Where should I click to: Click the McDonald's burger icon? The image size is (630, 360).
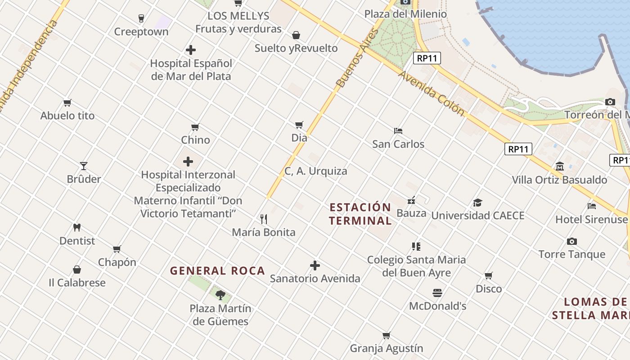[x=437, y=293]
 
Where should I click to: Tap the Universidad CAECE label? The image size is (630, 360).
[x=478, y=216]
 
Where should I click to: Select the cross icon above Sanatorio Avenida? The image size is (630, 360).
[x=315, y=265]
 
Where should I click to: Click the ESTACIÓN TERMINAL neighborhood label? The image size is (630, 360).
[x=360, y=214]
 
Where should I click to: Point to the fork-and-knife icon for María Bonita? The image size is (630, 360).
[x=264, y=219]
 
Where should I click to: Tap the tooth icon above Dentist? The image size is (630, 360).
[x=77, y=228]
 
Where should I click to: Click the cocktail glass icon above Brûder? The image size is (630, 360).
[x=84, y=166]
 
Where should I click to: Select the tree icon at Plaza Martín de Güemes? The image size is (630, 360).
[x=220, y=295]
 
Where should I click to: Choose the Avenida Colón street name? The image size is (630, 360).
[x=431, y=93]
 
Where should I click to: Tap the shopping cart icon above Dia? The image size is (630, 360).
[x=299, y=125]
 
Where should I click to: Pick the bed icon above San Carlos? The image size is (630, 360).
[x=398, y=131]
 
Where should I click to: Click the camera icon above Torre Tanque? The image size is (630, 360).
[x=571, y=241]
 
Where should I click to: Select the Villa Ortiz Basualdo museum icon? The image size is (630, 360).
[x=560, y=166]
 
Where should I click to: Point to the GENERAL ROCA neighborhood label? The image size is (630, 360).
[x=217, y=271]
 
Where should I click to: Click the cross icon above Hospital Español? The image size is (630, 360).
[x=191, y=50]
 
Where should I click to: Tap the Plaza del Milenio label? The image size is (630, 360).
[x=405, y=14]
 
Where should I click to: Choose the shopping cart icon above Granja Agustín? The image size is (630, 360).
[x=386, y=335]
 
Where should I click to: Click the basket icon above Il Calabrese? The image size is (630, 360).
[x=77, y=270]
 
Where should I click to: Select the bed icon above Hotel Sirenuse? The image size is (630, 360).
[x=591, y=206]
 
